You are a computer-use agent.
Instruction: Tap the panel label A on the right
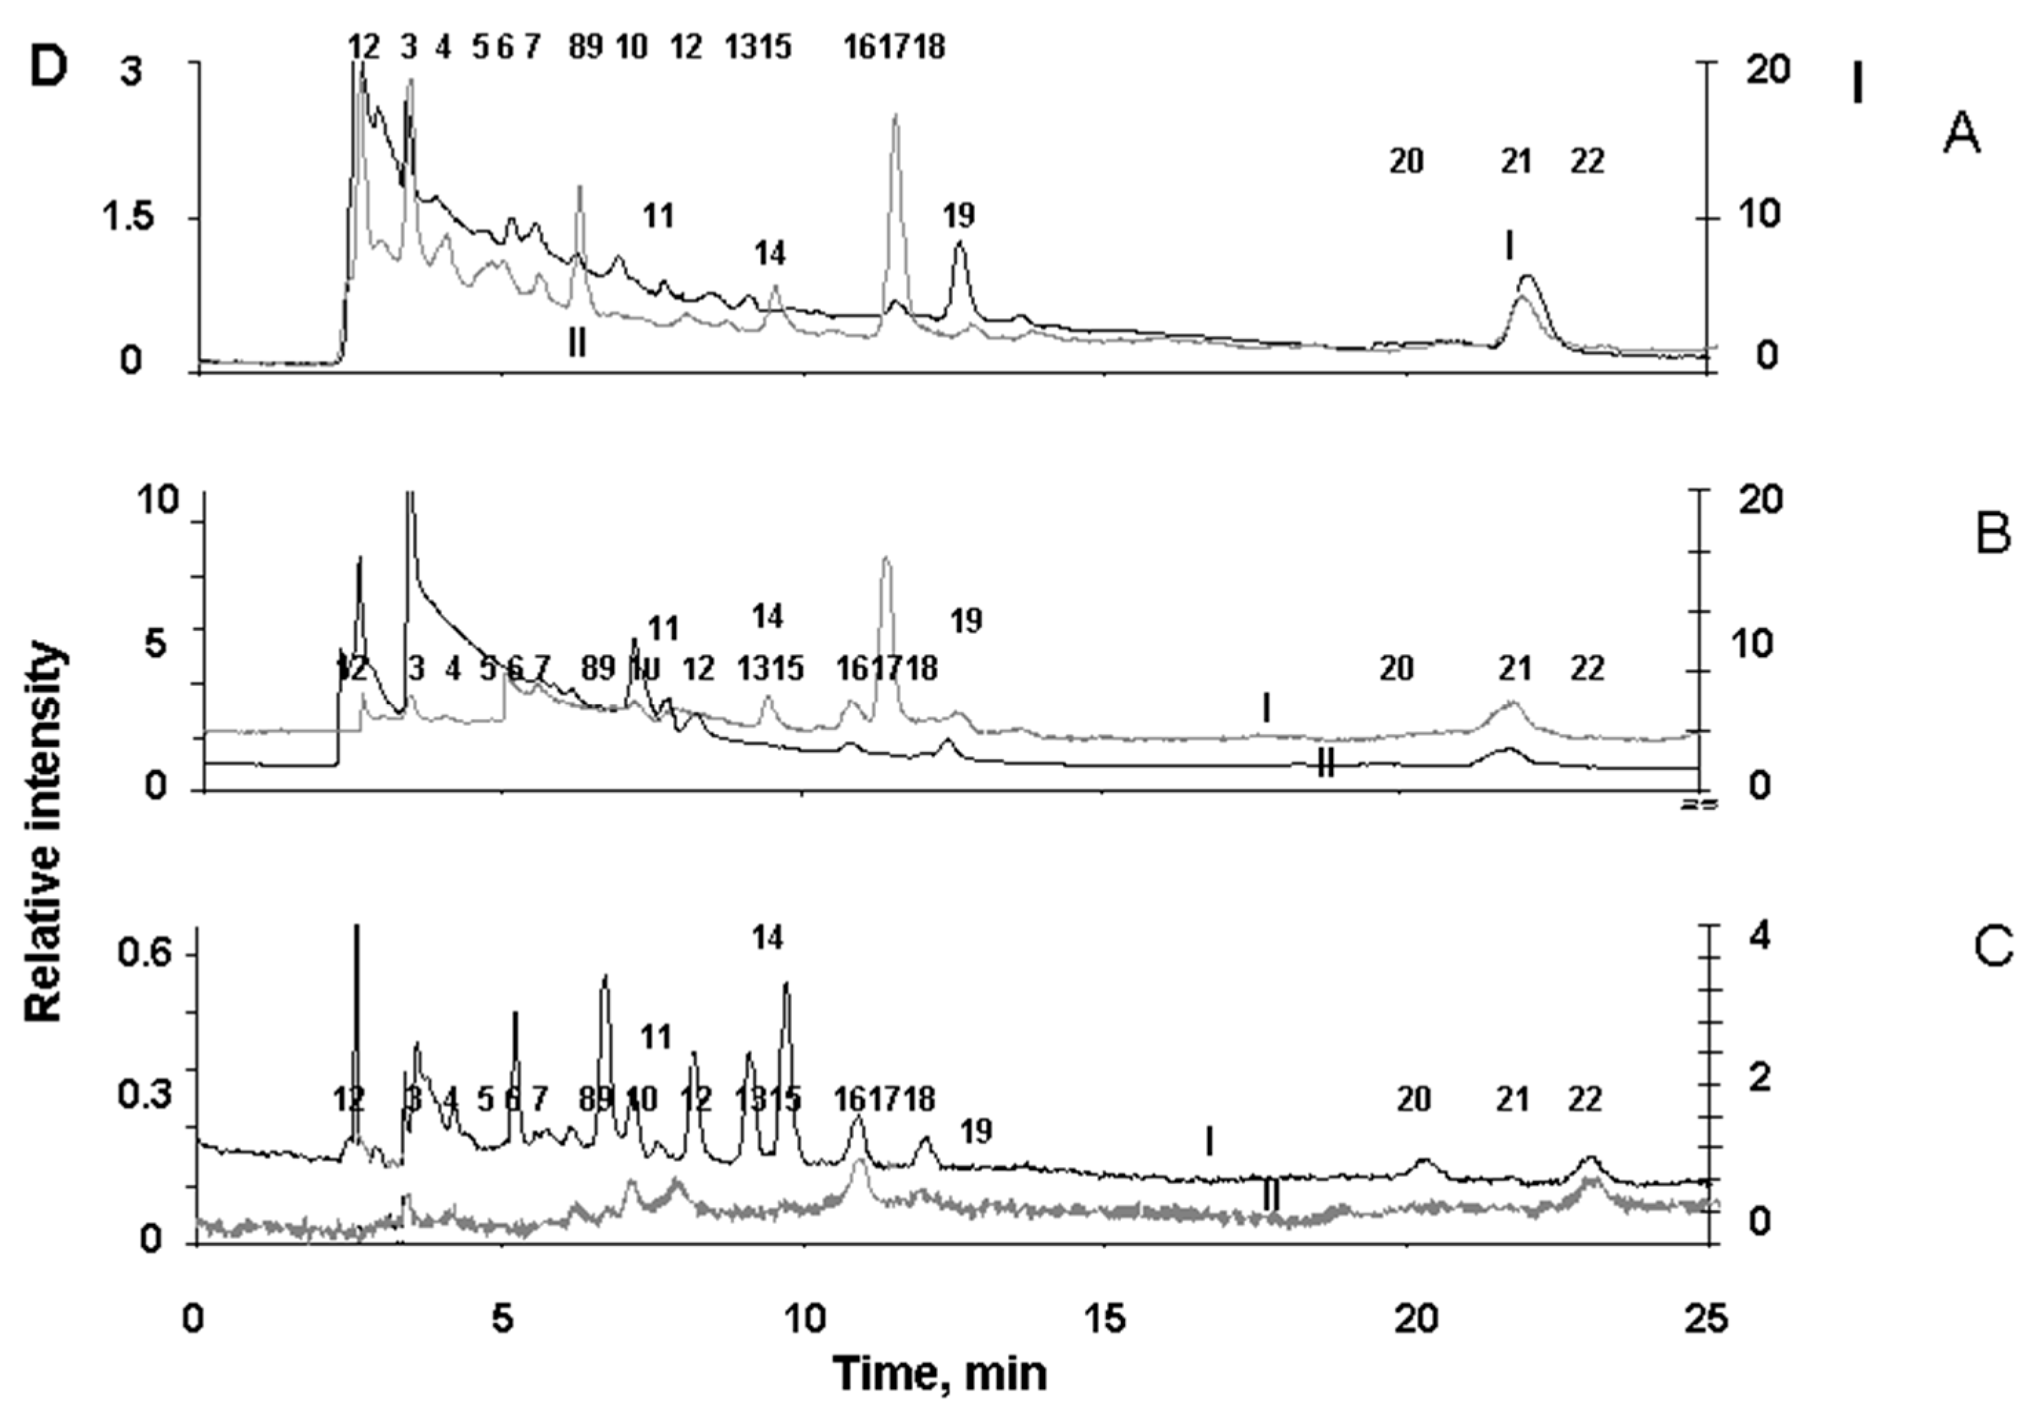(x=1962, y=136)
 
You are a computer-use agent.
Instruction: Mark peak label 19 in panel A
(x=958, y=215)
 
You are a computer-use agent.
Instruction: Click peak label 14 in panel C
(x=768, y=937)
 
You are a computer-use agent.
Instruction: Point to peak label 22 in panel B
(x=1586, y=669)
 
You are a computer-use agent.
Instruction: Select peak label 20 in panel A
(x=1405, y=161)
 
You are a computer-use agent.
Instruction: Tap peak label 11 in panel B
(x=662, y=629)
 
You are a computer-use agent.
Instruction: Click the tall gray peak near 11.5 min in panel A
(x=896, y=120)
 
